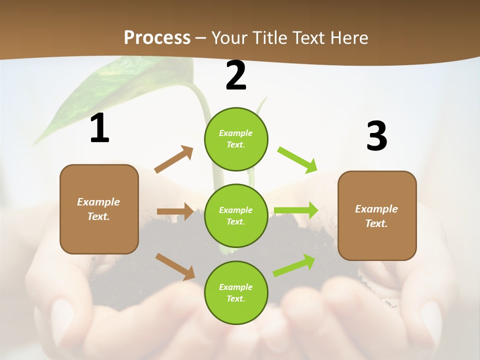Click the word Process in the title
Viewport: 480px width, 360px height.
(157, 37)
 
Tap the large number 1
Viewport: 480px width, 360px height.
(99, 128)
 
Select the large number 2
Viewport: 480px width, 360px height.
(236, 75)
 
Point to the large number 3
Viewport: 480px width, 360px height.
(376, 136)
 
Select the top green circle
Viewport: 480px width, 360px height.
(236, 139)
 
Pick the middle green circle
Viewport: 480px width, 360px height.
(236, 215)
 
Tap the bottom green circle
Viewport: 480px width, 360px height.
(236, 292)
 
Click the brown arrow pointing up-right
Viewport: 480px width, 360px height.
(174, 159)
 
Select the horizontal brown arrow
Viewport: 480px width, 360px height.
(175, 211)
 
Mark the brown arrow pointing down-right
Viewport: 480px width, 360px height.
(175, 266)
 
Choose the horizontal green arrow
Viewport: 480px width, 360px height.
(296, 210)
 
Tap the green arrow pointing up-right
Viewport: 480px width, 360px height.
(294, 265)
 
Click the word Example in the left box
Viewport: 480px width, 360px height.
(98, 202)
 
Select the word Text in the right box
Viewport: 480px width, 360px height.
(376, 223)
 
